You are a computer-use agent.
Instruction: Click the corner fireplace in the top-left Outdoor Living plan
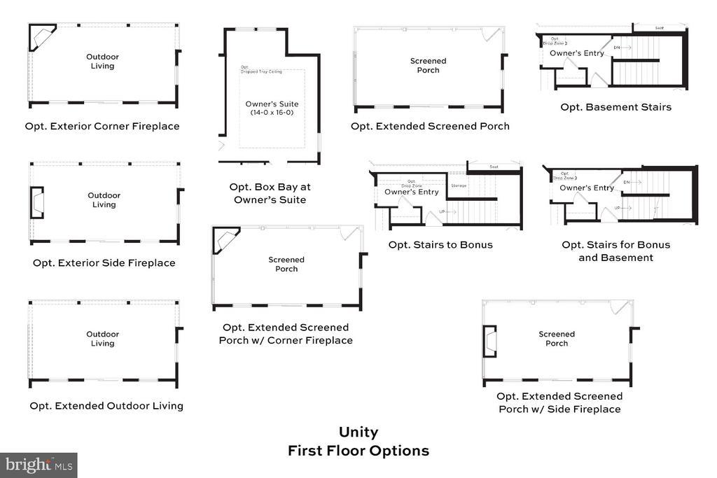(41, 36)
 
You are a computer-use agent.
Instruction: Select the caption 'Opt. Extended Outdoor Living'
(106, 405)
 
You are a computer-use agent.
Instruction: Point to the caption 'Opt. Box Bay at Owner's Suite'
(270, 193)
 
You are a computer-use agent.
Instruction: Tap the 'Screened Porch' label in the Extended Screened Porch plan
(428, 65)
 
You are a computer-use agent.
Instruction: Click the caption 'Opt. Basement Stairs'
(615, 107)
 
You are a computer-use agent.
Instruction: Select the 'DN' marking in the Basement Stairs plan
(617, 47)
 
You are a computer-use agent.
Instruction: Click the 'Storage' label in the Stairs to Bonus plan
(459, 185)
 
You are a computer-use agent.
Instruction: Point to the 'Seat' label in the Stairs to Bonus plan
(494, 167)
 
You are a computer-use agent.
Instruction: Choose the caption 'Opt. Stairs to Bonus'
(440, 244)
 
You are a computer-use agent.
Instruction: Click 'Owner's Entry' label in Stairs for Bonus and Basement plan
(587, 188)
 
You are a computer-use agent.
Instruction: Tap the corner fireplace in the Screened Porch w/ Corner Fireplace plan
(225, 239)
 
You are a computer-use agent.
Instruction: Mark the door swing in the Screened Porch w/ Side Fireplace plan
(619, 307)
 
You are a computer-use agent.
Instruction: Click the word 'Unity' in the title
(358, 433)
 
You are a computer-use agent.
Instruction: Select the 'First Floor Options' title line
(358, 451)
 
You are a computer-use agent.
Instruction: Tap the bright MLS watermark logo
(39, 464)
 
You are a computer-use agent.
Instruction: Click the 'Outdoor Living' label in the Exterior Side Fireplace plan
(104, 200)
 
